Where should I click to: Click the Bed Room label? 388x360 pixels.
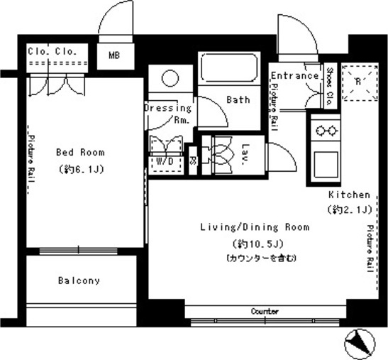pyautogui.click(x=80, y=152)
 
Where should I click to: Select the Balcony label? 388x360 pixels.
pyautogui.click(x=79, y=280)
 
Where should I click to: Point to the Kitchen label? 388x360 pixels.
pyautogui.click(x=348, y=195)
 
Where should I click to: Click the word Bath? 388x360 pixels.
pyautogui.click(x=238, y=100)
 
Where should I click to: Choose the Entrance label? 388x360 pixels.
pyautogui.click(x=294, y=76)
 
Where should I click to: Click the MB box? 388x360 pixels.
pyautogui.click(x=114, y=54)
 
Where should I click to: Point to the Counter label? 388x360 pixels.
pyautogui.click(x=264, y=312)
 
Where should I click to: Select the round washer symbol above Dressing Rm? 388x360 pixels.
pyautogui.click(x=170, y=77)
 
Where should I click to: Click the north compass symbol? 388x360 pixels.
pyautogui.click(x=360, y=345)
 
